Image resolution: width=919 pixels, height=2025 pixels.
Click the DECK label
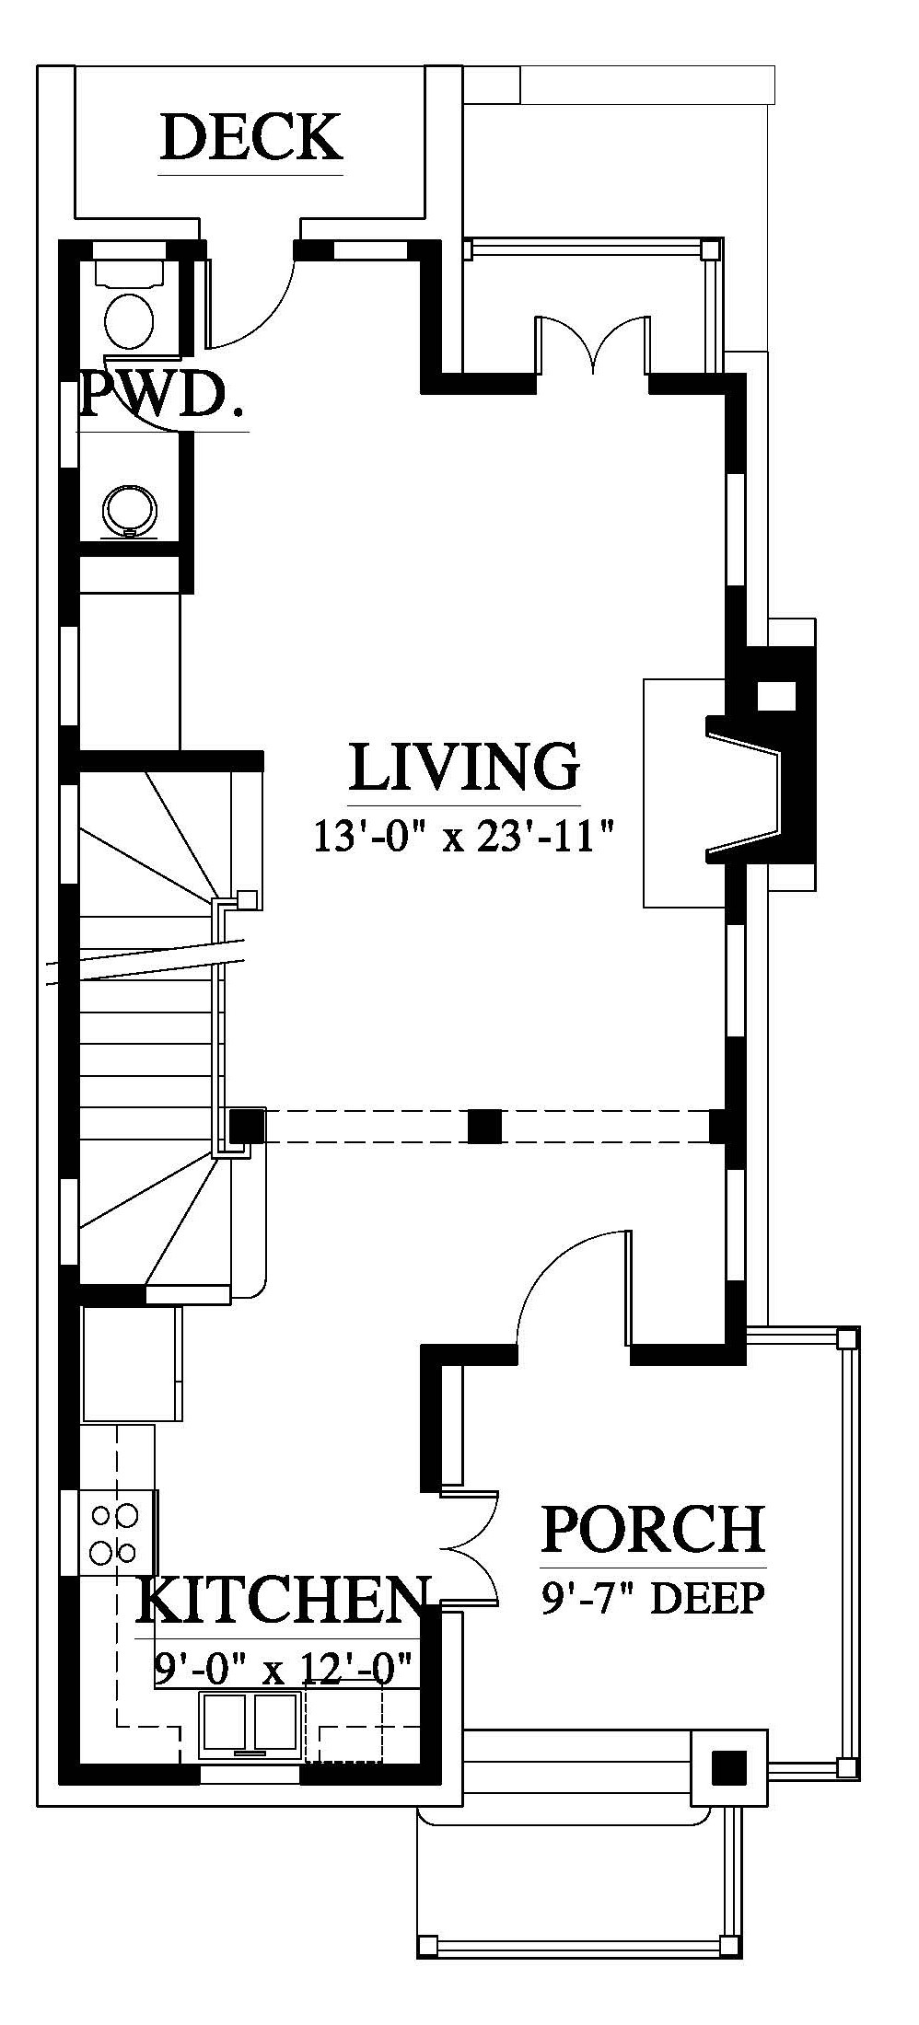(251, 138)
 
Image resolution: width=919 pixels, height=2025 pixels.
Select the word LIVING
(464, 767)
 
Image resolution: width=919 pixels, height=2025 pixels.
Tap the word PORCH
(653, 1527)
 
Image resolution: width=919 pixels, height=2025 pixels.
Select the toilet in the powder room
(130, 303)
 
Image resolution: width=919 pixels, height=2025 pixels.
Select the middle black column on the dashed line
(485, 1126)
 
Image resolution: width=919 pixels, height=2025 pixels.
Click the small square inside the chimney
(775, 695)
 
